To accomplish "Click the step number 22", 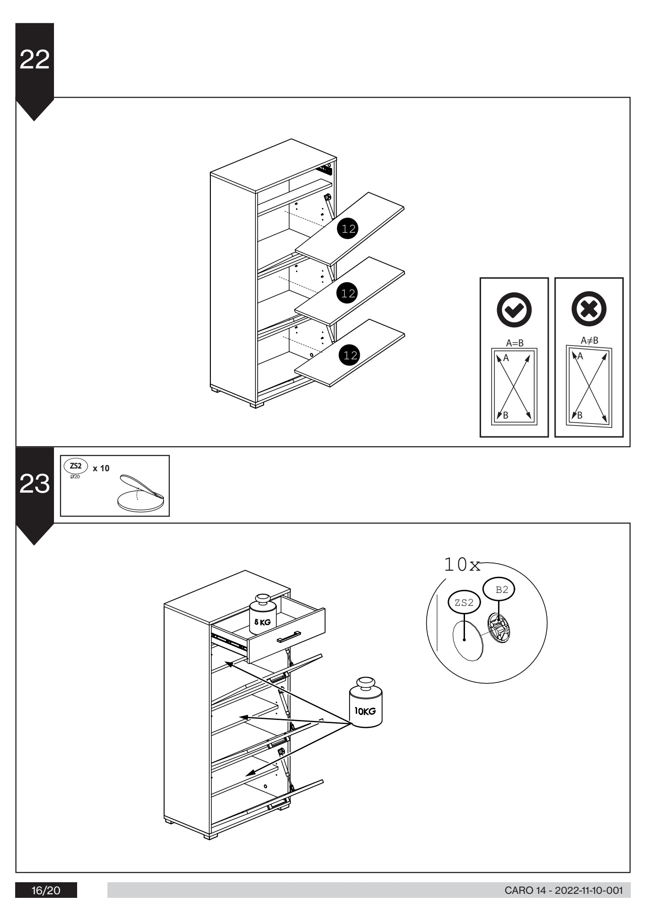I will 34,60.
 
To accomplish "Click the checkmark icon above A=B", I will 514,309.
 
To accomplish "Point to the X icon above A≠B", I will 589,309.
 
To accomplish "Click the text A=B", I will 514,343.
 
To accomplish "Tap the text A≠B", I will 589,341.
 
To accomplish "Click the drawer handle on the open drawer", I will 289,637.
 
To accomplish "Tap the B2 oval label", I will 502,590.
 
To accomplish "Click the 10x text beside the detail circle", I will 462,565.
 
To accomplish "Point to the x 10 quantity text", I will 101,469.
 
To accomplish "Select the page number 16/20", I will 46,891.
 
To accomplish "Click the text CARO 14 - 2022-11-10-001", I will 563,891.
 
